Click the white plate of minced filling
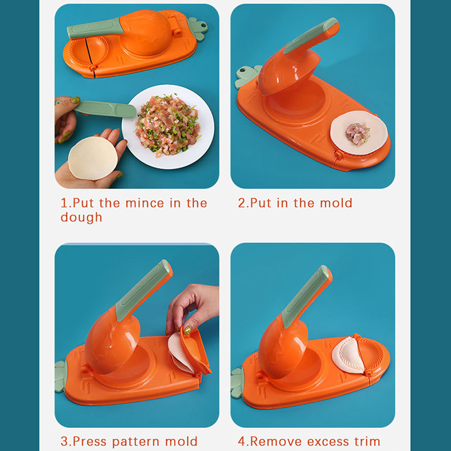point(168,127)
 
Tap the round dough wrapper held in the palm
point(93,158)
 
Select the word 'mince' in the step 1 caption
point(145,203)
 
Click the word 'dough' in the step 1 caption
point(81,217)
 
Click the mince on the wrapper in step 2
point(357,133)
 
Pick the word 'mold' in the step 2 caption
point(336,203)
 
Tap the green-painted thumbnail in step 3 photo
point(188,330)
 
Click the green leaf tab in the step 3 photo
point(61,376)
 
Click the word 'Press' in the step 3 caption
point(90,441)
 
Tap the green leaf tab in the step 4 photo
point(237,383)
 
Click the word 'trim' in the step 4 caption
point(367,441)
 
